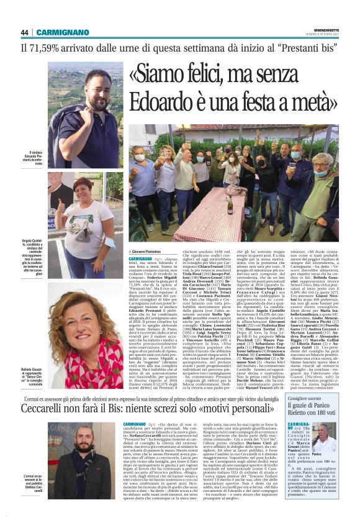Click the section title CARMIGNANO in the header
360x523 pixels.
(x=63, y=32)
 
